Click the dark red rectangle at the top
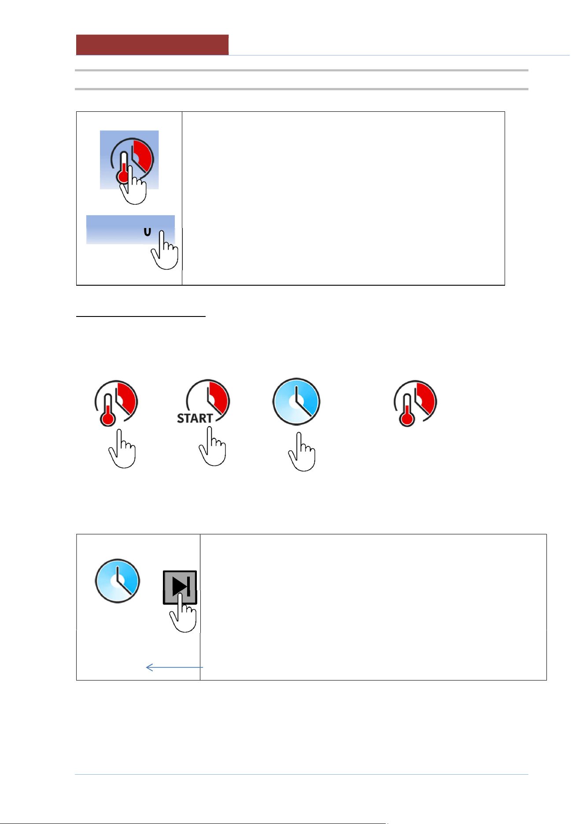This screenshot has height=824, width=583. [152, 45]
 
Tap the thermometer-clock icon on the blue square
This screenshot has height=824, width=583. [132, 161]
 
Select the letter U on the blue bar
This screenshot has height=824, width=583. [148, 232]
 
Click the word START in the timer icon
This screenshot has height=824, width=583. [195, 418]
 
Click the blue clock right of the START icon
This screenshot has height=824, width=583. [296, 401]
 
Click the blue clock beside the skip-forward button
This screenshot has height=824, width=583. [118, 581]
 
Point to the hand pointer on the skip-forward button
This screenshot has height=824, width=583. [183, 613]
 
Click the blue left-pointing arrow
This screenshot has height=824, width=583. [174, 667]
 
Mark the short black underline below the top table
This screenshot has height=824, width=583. [141, 316]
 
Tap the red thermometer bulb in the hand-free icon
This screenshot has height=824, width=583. [407, 419]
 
